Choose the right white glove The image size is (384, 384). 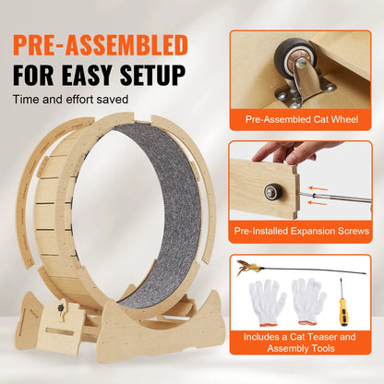(309, 297)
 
